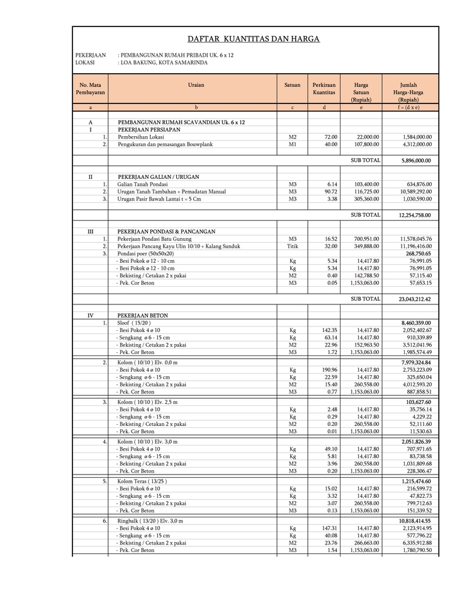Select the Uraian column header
coord(196,84)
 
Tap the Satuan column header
coord(292,84)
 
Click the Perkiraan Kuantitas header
coord(324,88)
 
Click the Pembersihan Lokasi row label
coord(141,137)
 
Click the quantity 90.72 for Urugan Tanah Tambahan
coord(330,192)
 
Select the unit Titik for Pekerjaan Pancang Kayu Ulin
coord(292,246)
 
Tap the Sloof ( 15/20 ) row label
coord(134,323)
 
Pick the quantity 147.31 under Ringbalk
coord(329,528)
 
